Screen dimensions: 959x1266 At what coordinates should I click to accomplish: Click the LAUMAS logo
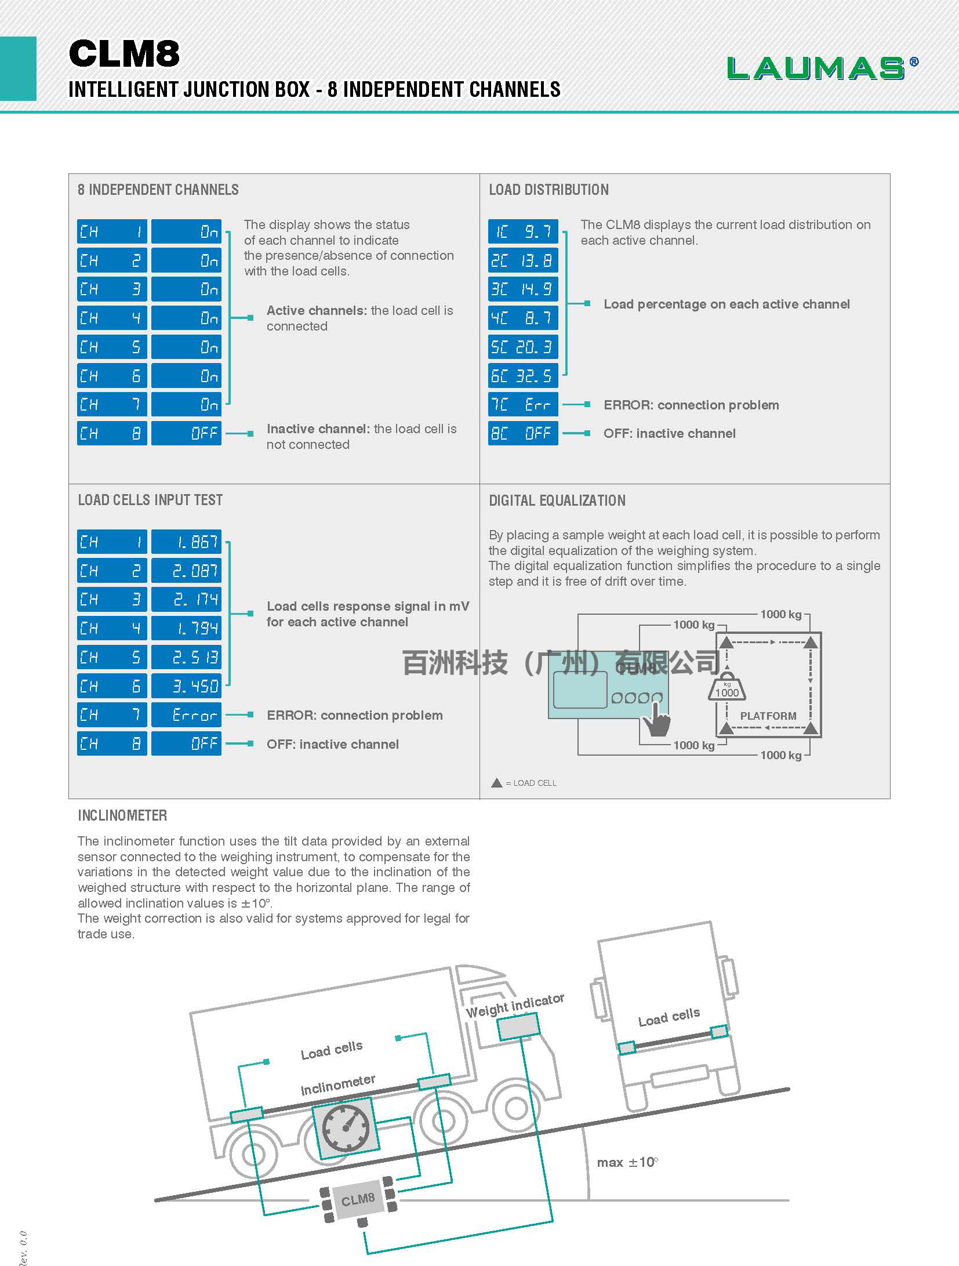pos(823,68)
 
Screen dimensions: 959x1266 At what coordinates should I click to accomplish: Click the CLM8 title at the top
pos(124,53)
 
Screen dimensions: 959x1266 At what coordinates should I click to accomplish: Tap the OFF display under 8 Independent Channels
pos(186,433)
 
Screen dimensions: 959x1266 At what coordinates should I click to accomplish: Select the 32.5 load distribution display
pos(523,376)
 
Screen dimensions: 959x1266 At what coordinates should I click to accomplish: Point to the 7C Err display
pos(523,404)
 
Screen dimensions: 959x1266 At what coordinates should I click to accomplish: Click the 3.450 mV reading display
pos(186,686)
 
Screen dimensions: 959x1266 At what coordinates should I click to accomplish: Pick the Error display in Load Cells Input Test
pos(186,714)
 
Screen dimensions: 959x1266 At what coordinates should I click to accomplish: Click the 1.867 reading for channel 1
pos(186,542)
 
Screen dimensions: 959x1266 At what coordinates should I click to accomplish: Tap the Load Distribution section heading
pos(548,190)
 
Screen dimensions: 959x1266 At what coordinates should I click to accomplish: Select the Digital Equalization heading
pos(557,500)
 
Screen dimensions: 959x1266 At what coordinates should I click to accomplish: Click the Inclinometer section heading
pos(122,815)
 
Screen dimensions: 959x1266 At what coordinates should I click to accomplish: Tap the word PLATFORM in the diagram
pos(768,716)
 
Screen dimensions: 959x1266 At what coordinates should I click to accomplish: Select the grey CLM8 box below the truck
pos(358,1198)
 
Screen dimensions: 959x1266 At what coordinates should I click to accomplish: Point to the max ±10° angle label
pos(627,1162)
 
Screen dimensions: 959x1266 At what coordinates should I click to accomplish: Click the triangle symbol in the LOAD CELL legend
pos(496,783)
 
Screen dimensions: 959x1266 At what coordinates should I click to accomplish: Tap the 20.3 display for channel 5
pos(523,347)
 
